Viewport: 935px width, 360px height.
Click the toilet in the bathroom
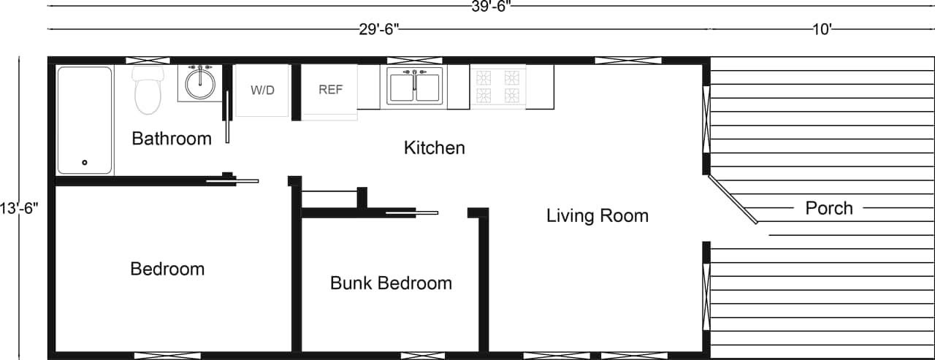click(147, 93)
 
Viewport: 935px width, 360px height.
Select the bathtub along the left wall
click(85, 120)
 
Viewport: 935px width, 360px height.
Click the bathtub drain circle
click(85, 163)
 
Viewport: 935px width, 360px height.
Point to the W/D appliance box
click(262, 91)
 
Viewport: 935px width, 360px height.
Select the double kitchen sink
click(415, 87)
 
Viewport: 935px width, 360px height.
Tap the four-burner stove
click(497, 87)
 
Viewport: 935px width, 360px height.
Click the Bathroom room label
click(172, 138)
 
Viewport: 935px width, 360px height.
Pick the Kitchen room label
click(434, 148)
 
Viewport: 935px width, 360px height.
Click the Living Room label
click(598, 215)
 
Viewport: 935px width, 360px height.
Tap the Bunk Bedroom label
click(391, 283)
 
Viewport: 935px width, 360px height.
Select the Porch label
click(829, 208)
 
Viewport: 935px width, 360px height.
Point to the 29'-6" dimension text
click(379, 29)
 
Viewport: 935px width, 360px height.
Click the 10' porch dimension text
click(822, 29)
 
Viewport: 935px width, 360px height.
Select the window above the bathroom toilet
click(148, 60)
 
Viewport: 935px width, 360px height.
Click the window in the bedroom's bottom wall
click(157, 356)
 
